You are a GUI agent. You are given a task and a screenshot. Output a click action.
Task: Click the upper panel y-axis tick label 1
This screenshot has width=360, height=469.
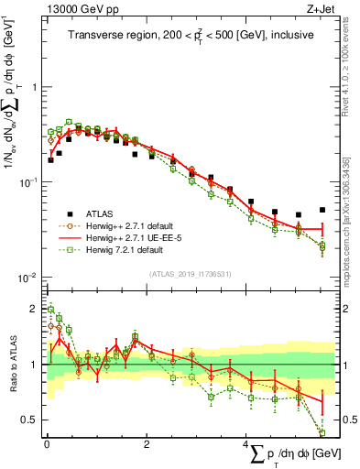(x=34, y=88)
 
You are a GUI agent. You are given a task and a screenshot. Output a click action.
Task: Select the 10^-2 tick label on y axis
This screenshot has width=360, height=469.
(x=29, y=278)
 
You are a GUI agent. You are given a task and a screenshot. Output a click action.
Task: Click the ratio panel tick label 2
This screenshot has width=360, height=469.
(x=34, y=309)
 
